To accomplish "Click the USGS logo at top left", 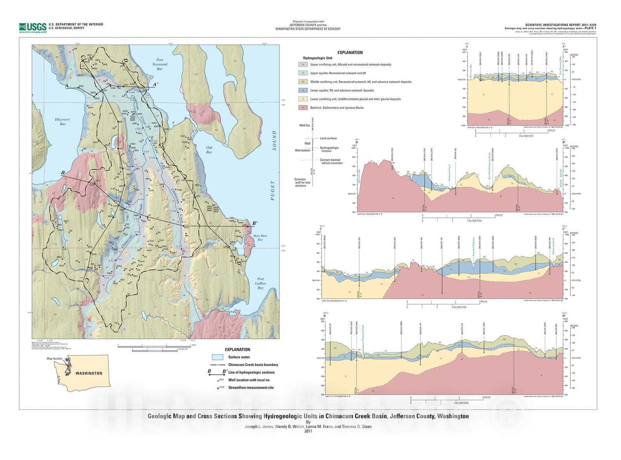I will coord(33,27).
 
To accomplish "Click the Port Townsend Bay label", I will coord(160,64).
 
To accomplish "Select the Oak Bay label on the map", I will coord(209,150).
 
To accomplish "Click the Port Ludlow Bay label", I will coord(260,283).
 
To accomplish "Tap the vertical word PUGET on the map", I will coord(273,190).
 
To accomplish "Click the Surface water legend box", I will coord(217,357).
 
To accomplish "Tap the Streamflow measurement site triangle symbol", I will coord(218,387).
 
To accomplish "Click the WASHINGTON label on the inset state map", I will coord(89,374).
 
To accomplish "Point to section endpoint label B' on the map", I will coord(255,223).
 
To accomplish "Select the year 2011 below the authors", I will coord(308,431).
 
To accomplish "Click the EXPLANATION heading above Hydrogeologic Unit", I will coord(350,53).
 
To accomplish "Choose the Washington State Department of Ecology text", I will coord(308,29).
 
